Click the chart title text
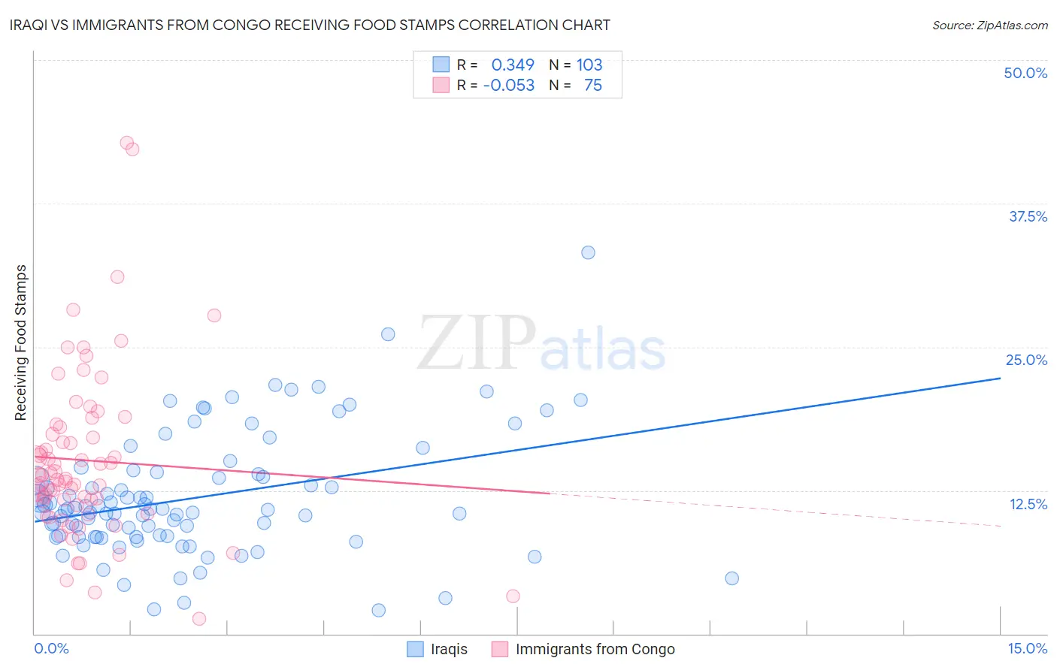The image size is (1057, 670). (x=310, y=25)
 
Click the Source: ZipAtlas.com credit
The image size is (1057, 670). (x=989, y=25)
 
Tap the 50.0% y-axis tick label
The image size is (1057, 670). (x=1025, y=73)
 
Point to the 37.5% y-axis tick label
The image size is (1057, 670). (x=1028, y=216)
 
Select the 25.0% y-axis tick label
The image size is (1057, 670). (x=1026, y=360)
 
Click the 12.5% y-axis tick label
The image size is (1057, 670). (x=1028, y=504)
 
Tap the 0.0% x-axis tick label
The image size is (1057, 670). (x=51, y=648)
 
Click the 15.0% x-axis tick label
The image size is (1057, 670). (x=1027, y=648)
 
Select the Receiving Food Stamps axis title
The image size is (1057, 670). (x=21, y=343)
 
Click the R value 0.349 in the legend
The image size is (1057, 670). (x=513, y=65)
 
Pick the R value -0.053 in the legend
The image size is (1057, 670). (x=509, y=85)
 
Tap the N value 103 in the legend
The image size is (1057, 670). (x=589, y=65)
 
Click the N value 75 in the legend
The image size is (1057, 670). (x=593, y=85)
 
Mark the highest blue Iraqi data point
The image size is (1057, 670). (x=588, y=252)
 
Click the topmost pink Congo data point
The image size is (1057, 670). (x=127, y=143)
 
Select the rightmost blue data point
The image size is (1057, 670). (x=731, y=578)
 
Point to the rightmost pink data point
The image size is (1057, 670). (x=513, y=596)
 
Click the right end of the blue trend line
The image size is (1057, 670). (x=1000, y=378)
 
